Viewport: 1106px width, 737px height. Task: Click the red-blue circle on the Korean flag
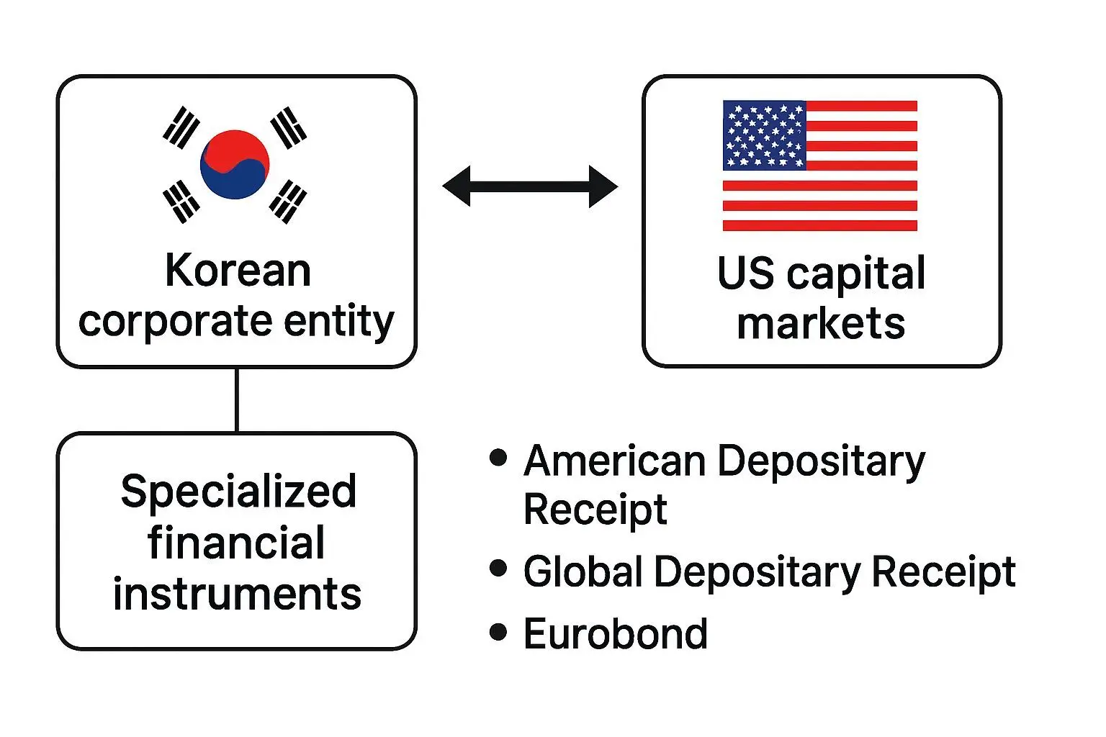point(235,164)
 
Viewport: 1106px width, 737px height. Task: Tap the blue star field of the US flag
point(764,135)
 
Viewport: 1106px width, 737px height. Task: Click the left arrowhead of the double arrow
point(457,186)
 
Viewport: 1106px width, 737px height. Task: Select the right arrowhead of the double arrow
point(603,186)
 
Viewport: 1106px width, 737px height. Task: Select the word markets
point(821,323)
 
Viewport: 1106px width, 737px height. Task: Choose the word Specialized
point(238,492)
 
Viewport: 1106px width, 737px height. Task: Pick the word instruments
point(237,594)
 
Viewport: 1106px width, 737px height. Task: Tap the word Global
point(583,572)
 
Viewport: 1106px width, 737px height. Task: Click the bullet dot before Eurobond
point(498,633)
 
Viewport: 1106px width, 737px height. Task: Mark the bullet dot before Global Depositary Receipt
point(498,569)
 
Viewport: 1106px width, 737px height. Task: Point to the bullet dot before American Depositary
point(498,458)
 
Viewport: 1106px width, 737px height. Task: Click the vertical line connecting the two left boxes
point(237,400)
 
